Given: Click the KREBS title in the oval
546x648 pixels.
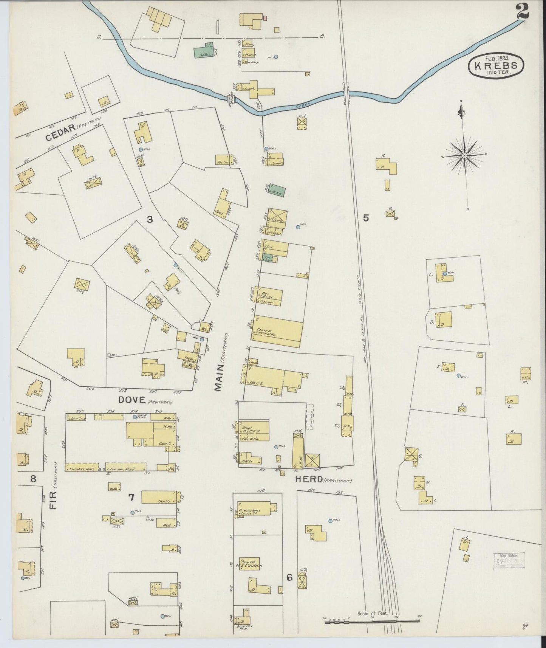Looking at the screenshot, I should (496, 66).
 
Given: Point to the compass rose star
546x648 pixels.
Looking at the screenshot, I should (464, 155).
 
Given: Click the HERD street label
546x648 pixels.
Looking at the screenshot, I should (309, 479).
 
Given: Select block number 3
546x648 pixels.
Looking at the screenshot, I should (150, 219).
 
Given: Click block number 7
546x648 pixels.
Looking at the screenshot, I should (131, 498).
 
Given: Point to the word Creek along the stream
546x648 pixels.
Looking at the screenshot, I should (303, 104).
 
